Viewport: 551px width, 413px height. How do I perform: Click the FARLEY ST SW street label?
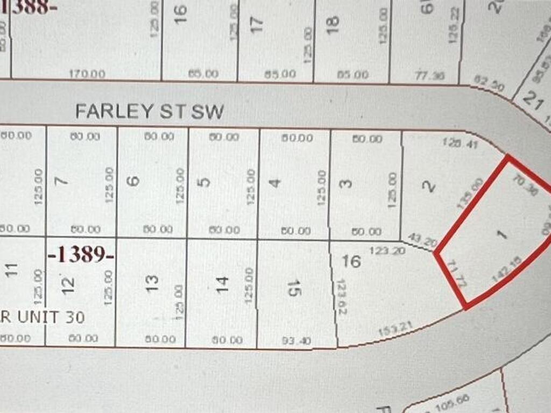click(149, 111)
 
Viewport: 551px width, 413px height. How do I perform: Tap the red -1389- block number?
click(82, 254)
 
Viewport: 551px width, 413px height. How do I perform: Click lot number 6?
click(135, 181)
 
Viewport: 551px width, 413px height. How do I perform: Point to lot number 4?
click(275, 183)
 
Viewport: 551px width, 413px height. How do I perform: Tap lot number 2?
click(428, 186)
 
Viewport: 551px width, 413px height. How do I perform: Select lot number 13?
click(152, 280)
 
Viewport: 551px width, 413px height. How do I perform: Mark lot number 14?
click(222, 281)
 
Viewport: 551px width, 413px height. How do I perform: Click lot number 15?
click(294, 289)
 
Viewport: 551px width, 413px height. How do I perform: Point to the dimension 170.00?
click(88, 74)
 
